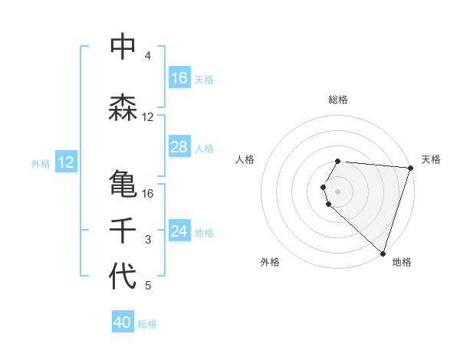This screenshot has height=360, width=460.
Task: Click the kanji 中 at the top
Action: (123, 47)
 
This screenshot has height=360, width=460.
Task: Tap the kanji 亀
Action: (123, 184)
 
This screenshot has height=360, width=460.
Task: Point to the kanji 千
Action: (123, 231)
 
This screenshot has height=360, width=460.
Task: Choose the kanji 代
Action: (123, 277)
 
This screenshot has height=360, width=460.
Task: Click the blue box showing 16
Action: (179, 78)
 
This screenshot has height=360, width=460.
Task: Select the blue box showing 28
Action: (179, 147)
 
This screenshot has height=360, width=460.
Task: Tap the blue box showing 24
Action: (179, 231)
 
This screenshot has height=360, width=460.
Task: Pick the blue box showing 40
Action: (123, 323)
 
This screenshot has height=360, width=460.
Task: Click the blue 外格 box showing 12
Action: (65, 162)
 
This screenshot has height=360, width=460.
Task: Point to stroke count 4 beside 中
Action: (148, 56)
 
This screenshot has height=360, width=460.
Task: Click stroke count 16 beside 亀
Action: (148, 193)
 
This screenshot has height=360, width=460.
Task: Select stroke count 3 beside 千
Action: (148, 240)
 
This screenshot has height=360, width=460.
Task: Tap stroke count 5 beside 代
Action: (148, 286)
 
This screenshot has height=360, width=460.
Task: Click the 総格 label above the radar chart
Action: (338, 100)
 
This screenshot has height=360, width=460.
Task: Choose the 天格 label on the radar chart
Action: (431, 159)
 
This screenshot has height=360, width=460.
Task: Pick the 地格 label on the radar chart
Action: (402, 262)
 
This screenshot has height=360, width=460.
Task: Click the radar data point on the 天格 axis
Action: (410, 168)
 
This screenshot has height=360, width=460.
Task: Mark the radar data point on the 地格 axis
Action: (383, 253)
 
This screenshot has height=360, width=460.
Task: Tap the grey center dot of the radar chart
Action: (338, 191)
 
